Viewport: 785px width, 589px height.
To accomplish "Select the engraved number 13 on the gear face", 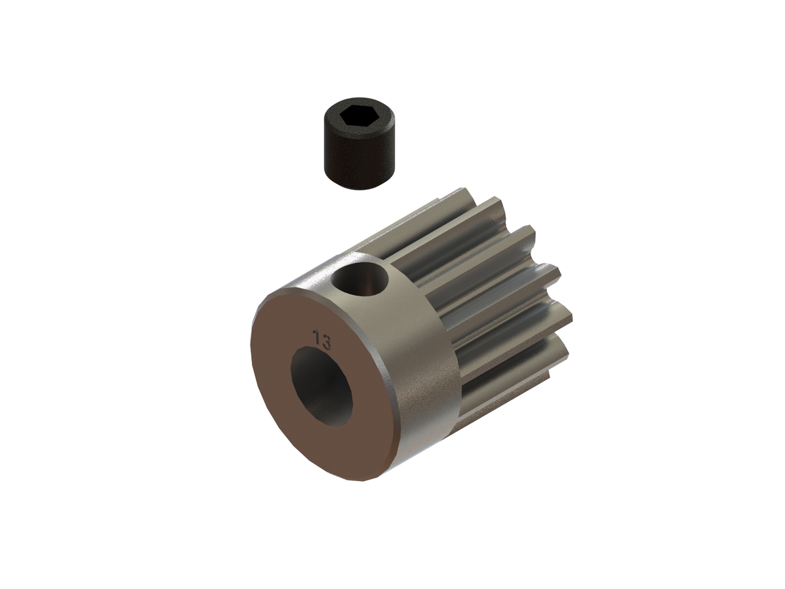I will click(x=321, y=340).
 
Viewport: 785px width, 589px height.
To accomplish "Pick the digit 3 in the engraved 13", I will click(x=326, y=342).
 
